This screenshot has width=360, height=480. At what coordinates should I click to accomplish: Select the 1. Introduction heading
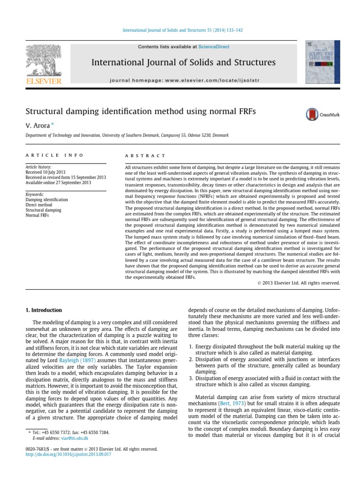coord(43,310)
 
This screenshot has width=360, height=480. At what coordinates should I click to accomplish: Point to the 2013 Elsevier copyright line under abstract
coord(300,283)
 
